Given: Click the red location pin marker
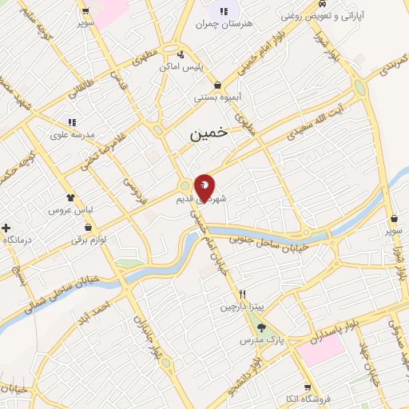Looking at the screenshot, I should (204, 186).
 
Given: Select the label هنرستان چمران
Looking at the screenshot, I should (224, 24).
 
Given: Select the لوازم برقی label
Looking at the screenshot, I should (88, 239).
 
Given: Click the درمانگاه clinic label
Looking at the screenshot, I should (16, 240).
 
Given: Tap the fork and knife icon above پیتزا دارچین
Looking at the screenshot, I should (242, 294).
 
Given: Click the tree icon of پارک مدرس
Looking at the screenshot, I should (260, 328).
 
